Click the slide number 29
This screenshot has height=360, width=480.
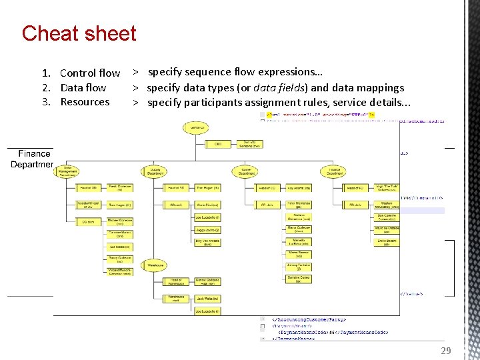coord(446,351)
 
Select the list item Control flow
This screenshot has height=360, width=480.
coord(90,73)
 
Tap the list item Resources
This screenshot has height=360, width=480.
coord(85,102)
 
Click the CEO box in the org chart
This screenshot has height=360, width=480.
coord(217,143)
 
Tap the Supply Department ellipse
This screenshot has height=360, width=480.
coord(155,171)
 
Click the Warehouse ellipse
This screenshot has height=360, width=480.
coord(155,265)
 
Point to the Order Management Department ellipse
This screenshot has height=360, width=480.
coord(68,171)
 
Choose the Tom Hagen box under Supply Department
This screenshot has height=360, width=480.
coord(207,188)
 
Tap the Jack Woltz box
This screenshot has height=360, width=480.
coord(207,299)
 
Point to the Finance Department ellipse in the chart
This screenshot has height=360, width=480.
coord(335,171)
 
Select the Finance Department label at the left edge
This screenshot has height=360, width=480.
coord(33,159)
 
